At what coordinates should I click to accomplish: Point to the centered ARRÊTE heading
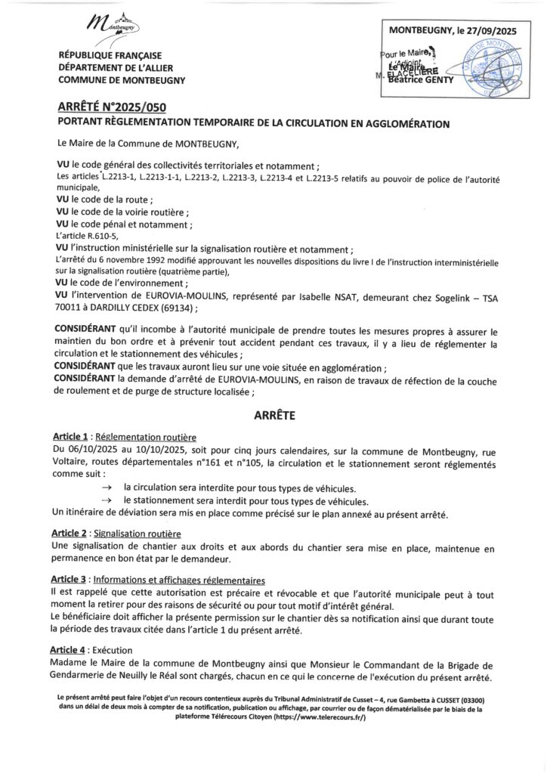273,415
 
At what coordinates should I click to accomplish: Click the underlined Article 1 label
73,437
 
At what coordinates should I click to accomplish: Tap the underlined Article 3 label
73,579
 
